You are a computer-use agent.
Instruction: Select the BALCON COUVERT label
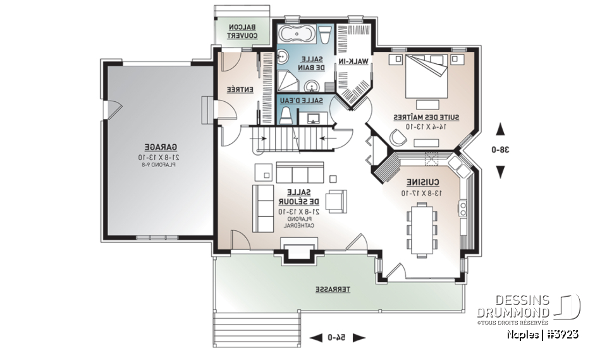coord(243,32)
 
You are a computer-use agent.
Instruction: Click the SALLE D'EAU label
coord(306,101)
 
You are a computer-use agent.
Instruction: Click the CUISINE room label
coord(420,180)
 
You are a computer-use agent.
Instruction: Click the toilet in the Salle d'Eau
coord(286,115)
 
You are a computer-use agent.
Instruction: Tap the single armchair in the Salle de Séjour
coord(336,200)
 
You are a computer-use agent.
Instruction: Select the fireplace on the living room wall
coord(295,253)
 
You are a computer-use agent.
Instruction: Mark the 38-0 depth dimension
coord(501,151)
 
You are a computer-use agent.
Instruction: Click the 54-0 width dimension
coord(336,338)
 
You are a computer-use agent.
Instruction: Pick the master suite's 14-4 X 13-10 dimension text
coord(420,127)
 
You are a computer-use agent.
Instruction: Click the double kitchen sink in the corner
coord(458,166)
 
